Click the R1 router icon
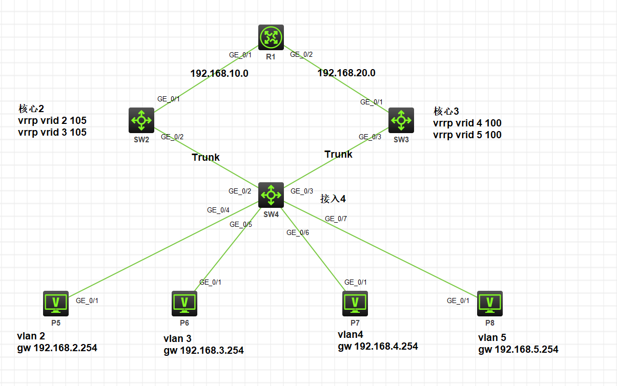(271, 38)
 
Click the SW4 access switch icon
(271, 195)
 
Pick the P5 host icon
(56, 304)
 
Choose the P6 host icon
(184, 304)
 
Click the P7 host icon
(355, 304)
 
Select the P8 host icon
(490, 304)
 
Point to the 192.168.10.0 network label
(219, 73)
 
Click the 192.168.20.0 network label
(346, 73)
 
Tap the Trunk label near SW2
(206, 157)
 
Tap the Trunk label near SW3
(338, 154)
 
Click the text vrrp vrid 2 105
(52, 120)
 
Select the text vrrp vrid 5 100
(467, 135)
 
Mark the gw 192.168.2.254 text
(57, 348)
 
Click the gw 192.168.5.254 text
(518, 350)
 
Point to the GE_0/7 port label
(336, 219)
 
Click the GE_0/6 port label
(298, 232)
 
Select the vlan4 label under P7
(350, 334)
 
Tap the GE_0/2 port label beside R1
(301, 54)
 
